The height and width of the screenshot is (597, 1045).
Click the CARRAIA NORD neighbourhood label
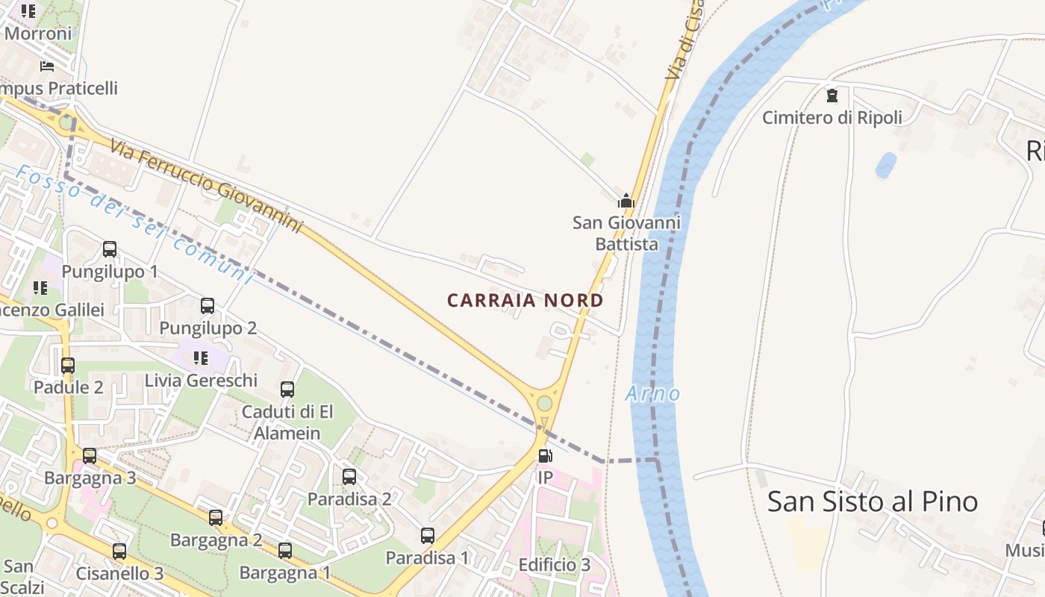pyautogui.click(x=525, y=301)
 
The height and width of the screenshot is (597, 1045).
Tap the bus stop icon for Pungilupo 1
pyautogui.click(x=110, y=249)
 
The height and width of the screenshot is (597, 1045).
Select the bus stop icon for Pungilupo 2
pyautogui.click(x=208, y=306)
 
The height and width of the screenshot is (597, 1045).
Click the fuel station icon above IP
pyautogui.click(x=546, y=456)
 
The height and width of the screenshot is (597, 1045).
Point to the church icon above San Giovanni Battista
pyautogui.click(x=626, y=201)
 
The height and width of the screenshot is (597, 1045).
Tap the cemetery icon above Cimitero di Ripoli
pyautogui.click(x=832, y=96)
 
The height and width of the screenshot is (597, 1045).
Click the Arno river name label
pyautogui.click(x=653, y=393)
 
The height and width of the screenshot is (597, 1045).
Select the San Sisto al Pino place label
pyautogui.click(x=872, y=501)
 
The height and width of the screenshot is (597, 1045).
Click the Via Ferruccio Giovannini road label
pyautogui.click(x=207, y=185)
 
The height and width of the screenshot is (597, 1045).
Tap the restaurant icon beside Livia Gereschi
pyautogui.click(x=200, y=358)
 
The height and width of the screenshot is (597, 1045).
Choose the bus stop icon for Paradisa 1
pyautogui.click(x=427, y=536)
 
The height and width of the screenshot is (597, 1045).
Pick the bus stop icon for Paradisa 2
pyautogui.click(x=349, y=477)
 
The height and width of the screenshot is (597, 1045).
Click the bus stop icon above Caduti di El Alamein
pyautogui.click(x=287, y=390)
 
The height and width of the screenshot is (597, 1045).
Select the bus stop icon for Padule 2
pyautogui.click(x=68, y=366)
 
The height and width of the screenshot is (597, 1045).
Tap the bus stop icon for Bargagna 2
pyautogui.click(x=216, y=518)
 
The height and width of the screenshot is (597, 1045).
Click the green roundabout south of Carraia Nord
pyautogui.click(x=545, y=404)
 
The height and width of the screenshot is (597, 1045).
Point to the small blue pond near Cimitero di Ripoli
pyautogui.click(x=885, y=165)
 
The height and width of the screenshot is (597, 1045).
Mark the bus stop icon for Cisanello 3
pyautogui.click(x=119, y=551)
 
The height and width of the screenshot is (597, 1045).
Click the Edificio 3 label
pyautogui.click(x=554, y=565)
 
